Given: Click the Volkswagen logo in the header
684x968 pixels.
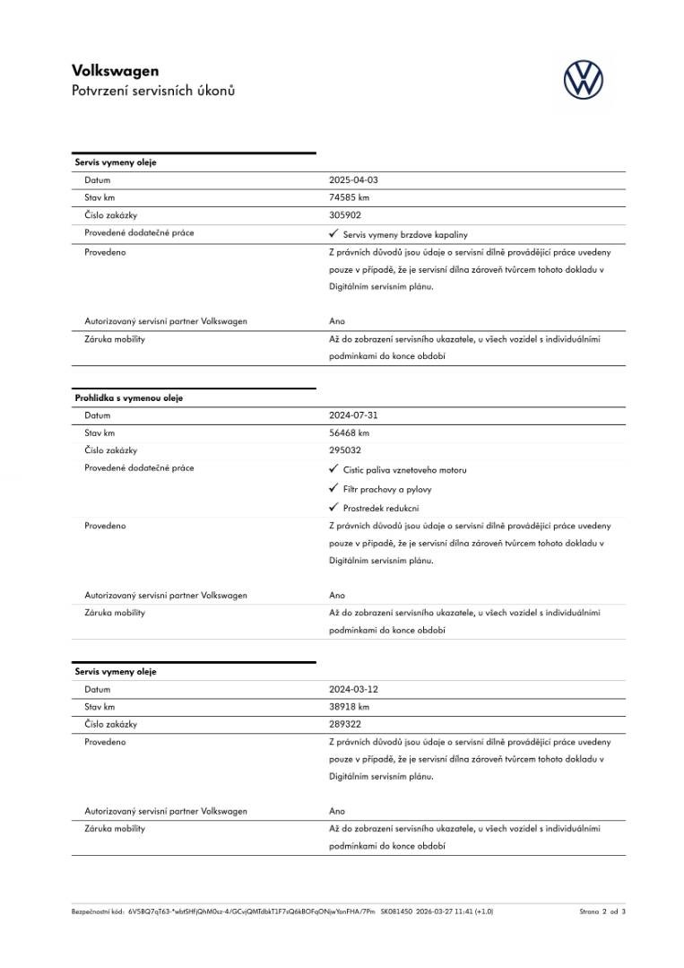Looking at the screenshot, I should pos(584,80).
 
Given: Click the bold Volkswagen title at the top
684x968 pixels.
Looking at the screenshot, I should pos(115,71).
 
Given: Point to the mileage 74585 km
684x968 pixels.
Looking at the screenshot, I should pos(349,197).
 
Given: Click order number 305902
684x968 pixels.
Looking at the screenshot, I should pos(345,215).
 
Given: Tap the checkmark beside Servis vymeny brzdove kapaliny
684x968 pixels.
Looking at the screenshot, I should pos(333,233).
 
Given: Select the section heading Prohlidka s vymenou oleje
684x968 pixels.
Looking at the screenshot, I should pos(128,398).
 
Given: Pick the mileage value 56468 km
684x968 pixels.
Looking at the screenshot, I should pos(349,432).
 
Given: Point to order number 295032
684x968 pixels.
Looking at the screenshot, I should pos(345,450).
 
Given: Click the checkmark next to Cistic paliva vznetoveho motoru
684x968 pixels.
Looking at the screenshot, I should pos(333,469).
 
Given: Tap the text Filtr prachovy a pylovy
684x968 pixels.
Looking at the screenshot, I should pos(387,490).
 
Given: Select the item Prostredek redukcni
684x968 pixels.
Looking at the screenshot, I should pos(381,509).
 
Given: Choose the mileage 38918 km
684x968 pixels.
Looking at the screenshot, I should pos(349,707).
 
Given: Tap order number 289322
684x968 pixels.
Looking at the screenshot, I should pos(345,724).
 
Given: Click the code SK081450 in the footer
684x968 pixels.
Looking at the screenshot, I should pos(396,911).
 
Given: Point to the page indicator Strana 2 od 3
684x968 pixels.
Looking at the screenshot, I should pos(602,911).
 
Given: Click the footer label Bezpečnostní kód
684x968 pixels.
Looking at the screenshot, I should pos(98,911).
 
